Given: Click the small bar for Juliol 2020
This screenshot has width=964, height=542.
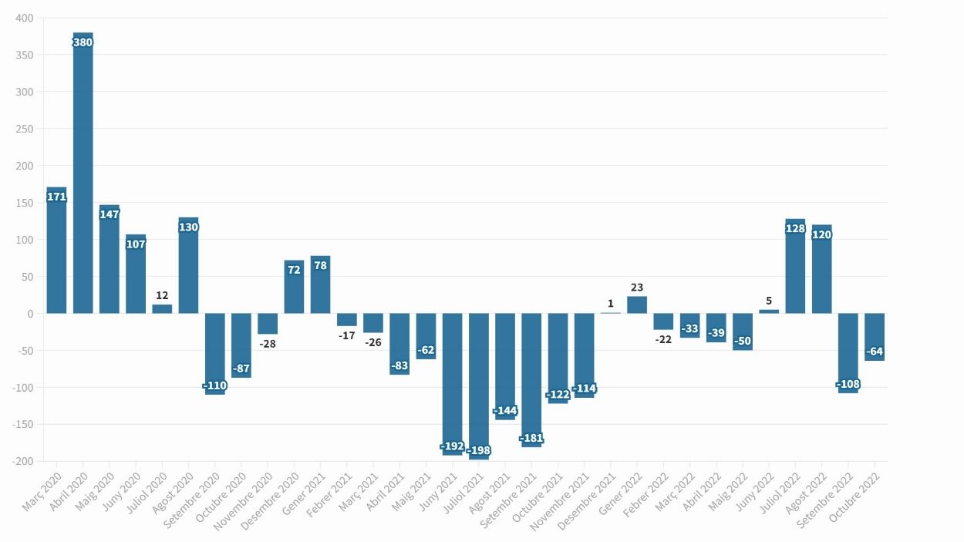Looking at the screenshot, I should pos(162,309).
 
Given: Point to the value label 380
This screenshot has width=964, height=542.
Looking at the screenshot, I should pos(83,42).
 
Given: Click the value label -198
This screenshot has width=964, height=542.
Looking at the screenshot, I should pos(479,450).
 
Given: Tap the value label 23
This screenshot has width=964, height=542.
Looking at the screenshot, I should pos(637,288).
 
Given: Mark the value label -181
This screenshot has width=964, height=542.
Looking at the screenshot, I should pos(531,438).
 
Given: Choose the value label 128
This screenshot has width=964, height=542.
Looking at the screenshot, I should pos(795,228).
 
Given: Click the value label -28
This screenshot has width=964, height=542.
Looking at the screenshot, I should pos(268,344).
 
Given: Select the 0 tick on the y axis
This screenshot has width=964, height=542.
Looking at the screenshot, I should pos(30,314).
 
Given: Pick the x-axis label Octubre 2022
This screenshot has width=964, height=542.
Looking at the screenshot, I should pos(854,498).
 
